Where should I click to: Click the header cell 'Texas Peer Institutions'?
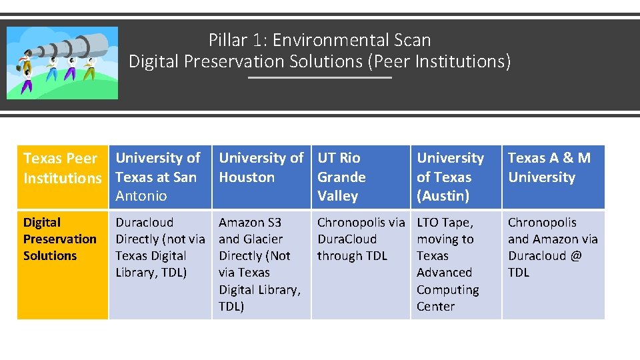pyautogui.click(x=62, y=168)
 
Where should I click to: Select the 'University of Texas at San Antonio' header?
pyautogui.click(x=157, y=177)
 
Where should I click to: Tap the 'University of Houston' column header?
pyautogui.click(x=261, y=167)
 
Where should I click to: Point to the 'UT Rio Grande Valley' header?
pyautogui.click(x=341, y=177)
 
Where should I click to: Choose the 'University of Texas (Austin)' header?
pyautogui.click(x=450, y=177)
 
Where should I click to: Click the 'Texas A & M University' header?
pyautogui.click(x=549, y=167)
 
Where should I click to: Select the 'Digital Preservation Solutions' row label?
pyautogui.click(x=59, y=239)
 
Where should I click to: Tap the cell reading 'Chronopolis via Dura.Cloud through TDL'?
pyautogui.click(x=360, y=239)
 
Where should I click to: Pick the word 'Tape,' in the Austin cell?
pyautogui.click(x=457, y=222)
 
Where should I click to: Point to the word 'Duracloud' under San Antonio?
pyautogui.click(x=144, y=222)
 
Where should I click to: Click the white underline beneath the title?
pyautogui.click(x=320, y=77)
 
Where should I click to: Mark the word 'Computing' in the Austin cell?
pyautogui.click(x=447, y=289)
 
